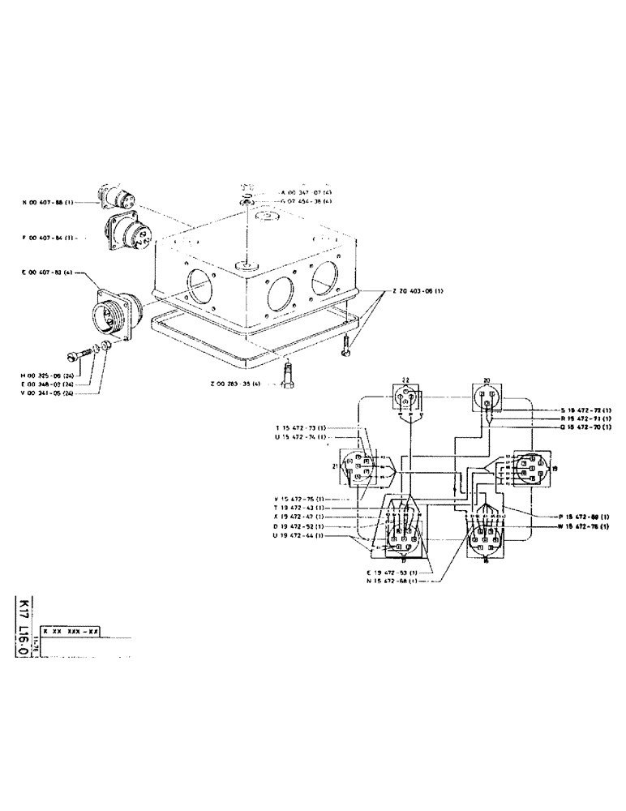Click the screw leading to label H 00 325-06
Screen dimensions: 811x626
pyautogui.click(x=78, y=355)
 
